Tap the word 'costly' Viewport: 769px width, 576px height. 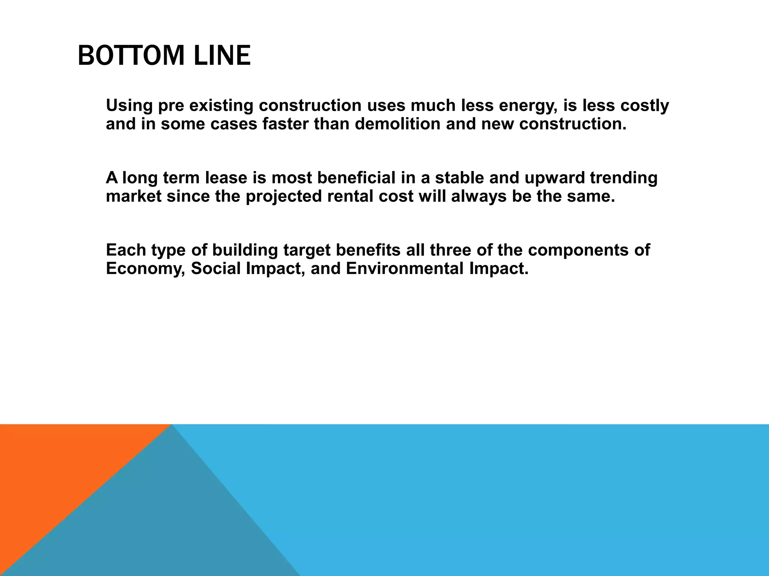(644, 106)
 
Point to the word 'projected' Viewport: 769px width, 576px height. (284, 196)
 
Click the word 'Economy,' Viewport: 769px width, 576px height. (146, 269)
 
